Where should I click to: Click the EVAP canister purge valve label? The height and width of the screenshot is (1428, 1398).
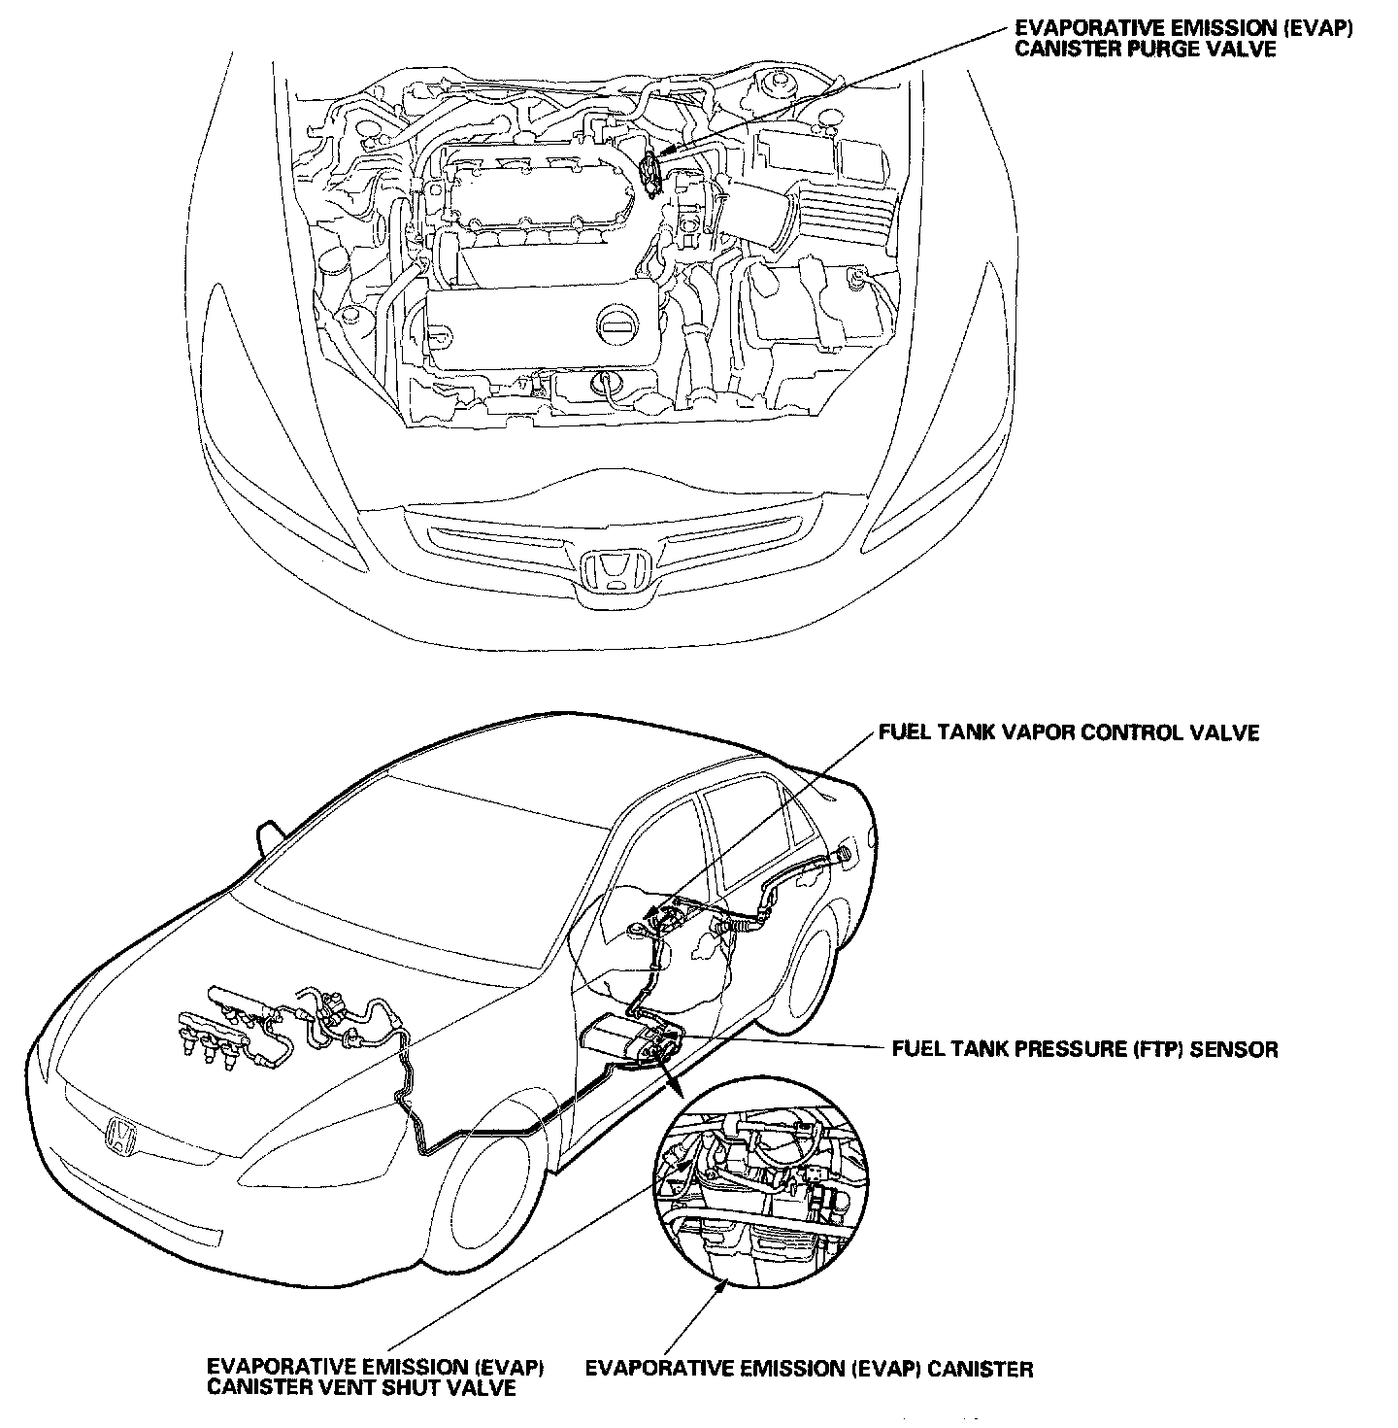coord(1182,39)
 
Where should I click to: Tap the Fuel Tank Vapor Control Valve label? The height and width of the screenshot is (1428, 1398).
coord(1068,732)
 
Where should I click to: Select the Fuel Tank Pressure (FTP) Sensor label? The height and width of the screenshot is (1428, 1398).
coord(1084,1049)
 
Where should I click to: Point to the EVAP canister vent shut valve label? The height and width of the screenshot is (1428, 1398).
coord(375,1377)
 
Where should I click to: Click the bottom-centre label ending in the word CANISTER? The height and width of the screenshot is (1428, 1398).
coord(809,1370)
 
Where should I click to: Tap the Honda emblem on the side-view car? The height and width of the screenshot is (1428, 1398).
coord(121,1136)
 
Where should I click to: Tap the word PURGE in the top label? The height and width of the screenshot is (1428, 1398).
coord(1152,49)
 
